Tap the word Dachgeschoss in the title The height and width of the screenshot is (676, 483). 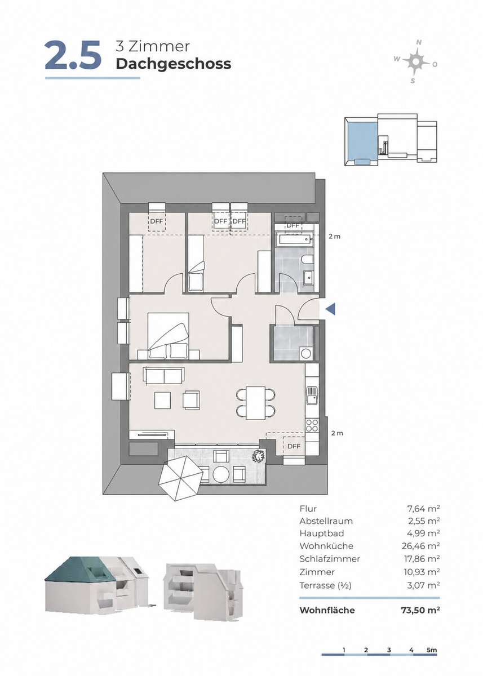tap(174, 64)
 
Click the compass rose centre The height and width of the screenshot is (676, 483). tap(416, 62)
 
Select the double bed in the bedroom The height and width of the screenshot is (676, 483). tap(168, 335)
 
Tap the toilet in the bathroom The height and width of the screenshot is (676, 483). tap(308, 259)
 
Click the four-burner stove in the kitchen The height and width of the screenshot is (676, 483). tap(312, 425)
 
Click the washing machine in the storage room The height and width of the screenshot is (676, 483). tap(307, 353)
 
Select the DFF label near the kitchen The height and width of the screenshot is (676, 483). tap(294, 446)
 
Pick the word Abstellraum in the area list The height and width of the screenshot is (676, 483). tap(326, 521)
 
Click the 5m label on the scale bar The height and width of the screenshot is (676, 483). tap(431, 650)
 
